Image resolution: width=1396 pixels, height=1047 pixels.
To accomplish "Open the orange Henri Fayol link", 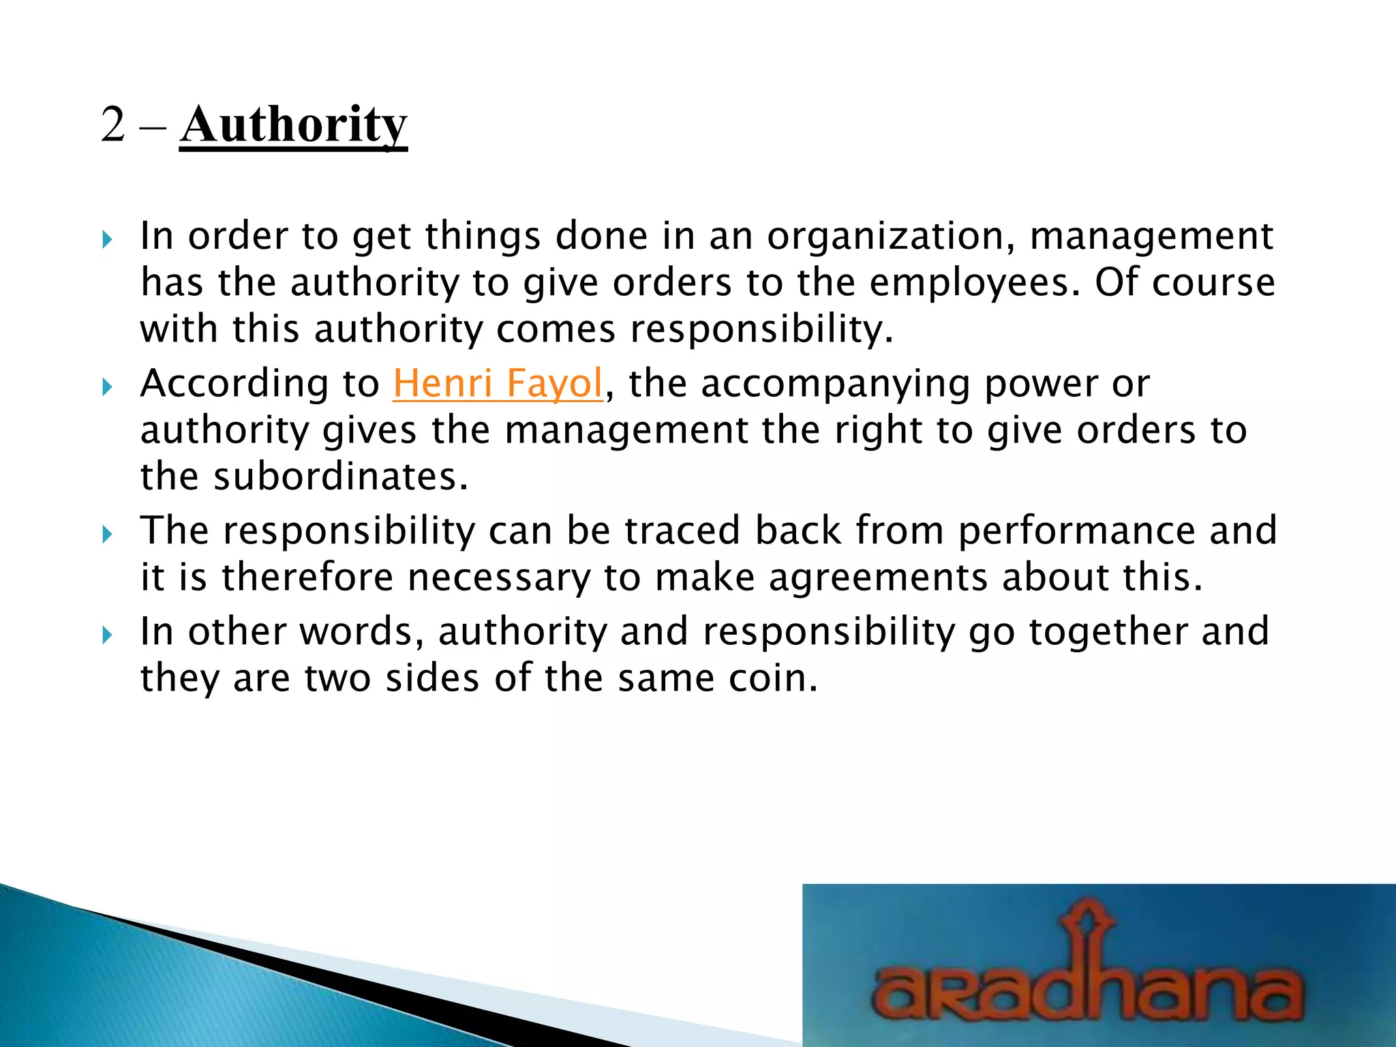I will click(x=498, y=383).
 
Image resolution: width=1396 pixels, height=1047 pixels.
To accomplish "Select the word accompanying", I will click(x=836, y=383).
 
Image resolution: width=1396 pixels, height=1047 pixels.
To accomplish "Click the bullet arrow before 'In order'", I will click(x=106, y=239).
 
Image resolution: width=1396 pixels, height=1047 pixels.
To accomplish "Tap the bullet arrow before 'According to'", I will click(x=106, y=387).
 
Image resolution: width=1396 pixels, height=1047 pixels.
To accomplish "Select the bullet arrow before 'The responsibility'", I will click(x=106, y=534).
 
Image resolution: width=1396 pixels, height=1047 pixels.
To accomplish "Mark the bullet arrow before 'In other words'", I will click(x=106, y=635).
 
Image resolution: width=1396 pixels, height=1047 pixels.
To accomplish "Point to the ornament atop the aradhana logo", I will click(x=1089, y=917).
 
